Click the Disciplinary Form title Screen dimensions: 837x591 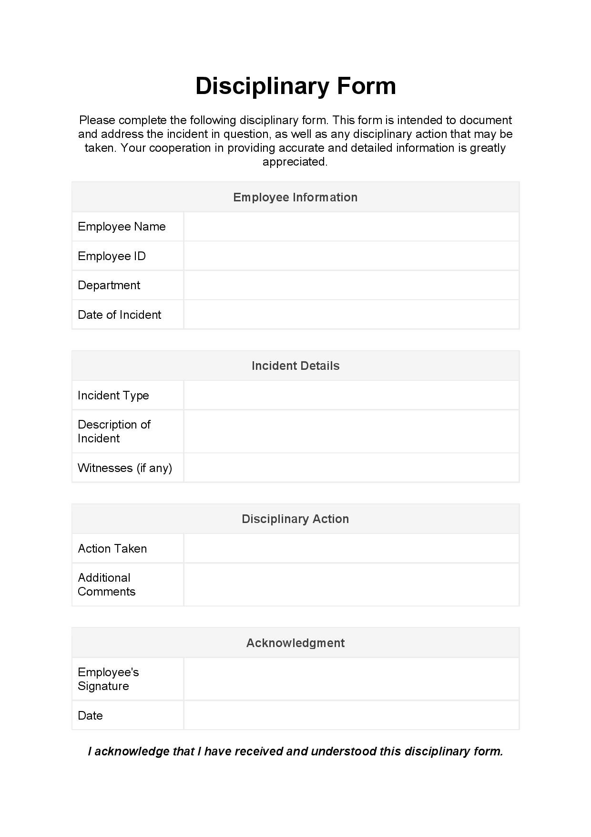click(x=295, y=86)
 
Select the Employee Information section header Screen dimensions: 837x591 click(x=295, y=197)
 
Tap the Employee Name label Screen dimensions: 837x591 click(x=122, y=227)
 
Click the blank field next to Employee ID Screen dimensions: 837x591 click(x=351, y=256)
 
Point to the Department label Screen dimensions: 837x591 click(x=109, y=285)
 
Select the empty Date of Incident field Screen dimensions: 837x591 click(x=351, y=314)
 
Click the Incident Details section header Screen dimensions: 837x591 click(x=295, y=366)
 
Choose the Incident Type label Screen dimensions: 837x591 click(x=113, y=396)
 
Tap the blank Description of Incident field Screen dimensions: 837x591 click(x=351, y=431)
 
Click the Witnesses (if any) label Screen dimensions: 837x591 click(x=125, y=468)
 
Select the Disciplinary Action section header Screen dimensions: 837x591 click(x=295, y=519)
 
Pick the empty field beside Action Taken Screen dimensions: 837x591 click(x=351, y=548)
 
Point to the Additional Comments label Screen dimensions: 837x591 click(x=106, y=585)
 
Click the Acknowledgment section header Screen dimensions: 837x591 click(x=295, y=643)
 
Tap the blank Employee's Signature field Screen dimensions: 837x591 click(x=351, y=679)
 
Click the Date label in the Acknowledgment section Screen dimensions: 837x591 click(x=90, y=715)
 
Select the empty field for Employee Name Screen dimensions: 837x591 click(x=351, y=227)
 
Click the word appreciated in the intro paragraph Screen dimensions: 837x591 click(x=295, y=162)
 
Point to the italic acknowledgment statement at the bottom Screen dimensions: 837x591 click(x=295, y=752)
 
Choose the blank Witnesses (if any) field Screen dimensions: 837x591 click(x=351, y=468)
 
